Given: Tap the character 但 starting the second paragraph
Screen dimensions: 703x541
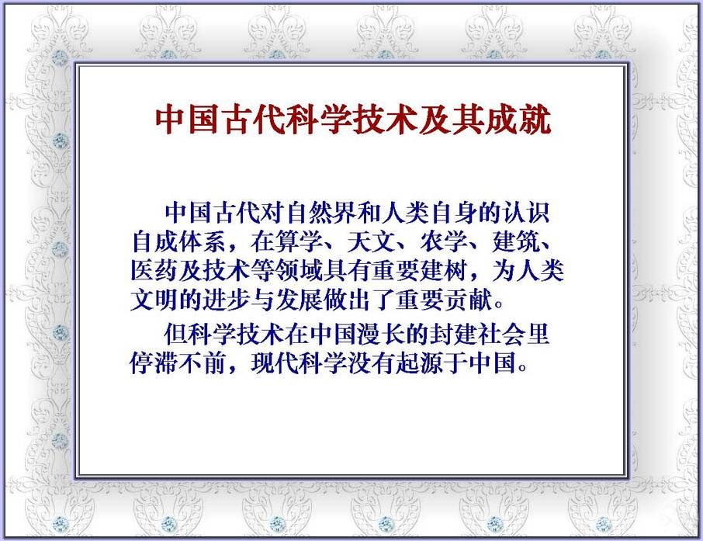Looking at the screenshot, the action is [x=175, y=335].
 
